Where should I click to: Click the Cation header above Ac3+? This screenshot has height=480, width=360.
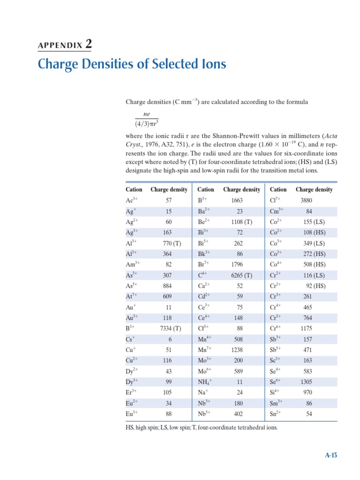[134, 189]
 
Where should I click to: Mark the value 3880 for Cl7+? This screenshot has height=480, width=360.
[306, 200]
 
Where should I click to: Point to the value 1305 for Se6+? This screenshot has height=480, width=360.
[306, 382]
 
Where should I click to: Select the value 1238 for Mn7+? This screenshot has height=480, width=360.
[237, 350]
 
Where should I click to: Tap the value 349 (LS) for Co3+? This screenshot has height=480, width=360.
[312, 243]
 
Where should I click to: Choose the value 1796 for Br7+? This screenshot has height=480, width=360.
[237, 264]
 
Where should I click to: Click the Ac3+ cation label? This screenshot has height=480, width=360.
[132, 200]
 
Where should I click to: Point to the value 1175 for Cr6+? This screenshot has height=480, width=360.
[306, 329]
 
